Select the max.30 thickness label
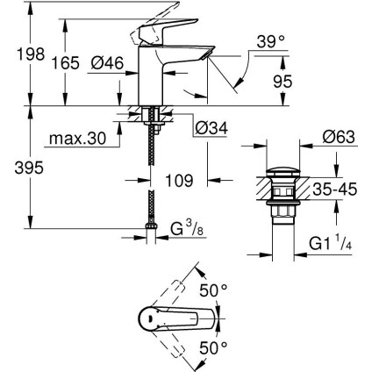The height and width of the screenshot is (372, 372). (x=76, y=139)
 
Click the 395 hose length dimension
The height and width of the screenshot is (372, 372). (x=15, y=168)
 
